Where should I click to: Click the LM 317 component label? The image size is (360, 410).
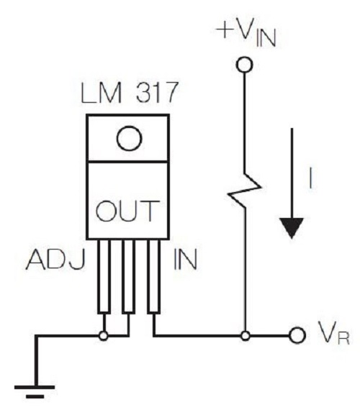point(130,93)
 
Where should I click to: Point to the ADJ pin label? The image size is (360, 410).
point(55,260)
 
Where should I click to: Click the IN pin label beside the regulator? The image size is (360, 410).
point(185,259)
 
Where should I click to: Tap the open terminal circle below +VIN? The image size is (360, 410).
point(245,65)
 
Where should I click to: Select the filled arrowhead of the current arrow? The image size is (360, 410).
point(292,227)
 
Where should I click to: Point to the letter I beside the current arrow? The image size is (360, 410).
point(310,178)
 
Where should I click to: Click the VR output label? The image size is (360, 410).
point(333,332)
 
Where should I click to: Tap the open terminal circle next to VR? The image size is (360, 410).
point(297,335)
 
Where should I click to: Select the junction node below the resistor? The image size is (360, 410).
point(246,335)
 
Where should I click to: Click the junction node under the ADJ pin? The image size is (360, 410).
point(104,336)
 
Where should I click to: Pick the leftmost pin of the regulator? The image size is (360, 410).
point(104,276)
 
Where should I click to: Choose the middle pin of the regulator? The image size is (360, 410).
point(129,276)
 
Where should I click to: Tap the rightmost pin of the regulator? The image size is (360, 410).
point(153,276)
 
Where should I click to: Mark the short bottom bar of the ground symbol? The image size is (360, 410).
point(35,396)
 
